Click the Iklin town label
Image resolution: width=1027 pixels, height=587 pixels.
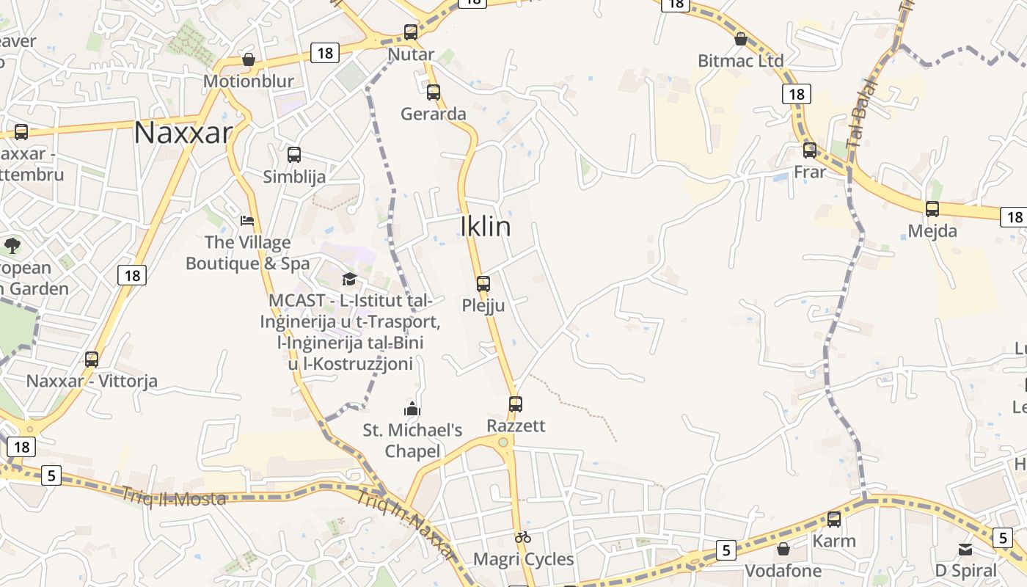point(486,227)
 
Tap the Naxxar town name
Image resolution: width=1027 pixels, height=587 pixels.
point(183,133)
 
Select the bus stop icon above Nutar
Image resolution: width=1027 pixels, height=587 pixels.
point(411,32)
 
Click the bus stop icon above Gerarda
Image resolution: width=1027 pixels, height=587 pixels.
point(434,92)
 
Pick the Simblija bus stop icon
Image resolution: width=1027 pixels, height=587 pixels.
point(294,155)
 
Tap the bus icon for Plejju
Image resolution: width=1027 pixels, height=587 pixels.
point(483,284)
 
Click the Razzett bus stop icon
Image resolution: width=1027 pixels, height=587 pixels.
point(516,404)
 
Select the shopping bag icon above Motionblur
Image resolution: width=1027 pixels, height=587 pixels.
point(249,59)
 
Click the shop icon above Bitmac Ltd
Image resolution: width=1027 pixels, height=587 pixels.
point(741,39)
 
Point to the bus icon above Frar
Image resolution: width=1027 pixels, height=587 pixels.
point(810,150)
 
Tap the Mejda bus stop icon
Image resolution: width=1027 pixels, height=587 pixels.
point(932,209)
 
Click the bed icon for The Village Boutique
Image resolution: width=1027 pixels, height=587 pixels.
point(247,220)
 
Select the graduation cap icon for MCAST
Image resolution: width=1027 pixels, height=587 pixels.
point(349,280)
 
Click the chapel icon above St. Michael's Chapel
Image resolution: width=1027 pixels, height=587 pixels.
point(412,409)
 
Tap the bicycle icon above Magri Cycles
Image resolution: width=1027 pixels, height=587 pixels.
point(523,537)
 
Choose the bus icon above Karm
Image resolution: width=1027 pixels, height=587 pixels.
point(834,519)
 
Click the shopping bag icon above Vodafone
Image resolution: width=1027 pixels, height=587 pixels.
point(783,549)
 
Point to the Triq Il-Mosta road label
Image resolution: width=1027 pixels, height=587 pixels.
point(174,497)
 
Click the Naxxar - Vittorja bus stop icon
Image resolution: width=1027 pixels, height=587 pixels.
point(92,360)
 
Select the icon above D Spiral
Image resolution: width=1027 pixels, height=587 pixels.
point(965,549)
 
